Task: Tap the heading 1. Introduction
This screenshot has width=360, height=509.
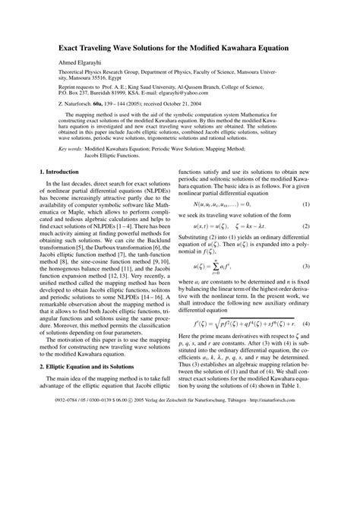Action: pos(63,196)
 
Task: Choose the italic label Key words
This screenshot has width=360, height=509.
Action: pos(69,172)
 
